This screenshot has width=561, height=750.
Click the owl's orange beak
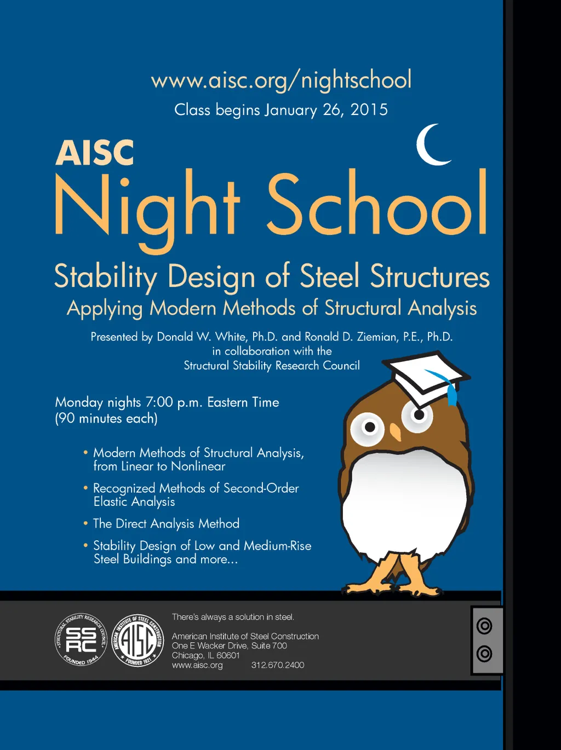395,432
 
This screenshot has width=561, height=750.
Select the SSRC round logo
81,639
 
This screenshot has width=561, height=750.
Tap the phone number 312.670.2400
278,665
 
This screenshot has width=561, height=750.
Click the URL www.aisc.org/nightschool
281,80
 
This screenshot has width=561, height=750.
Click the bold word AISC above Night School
94,153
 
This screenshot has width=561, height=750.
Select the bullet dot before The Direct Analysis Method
85,523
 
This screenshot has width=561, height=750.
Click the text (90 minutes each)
106,419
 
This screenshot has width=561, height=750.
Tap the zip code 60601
228,655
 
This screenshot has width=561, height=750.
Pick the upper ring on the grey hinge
484,626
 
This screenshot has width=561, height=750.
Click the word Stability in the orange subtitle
105,276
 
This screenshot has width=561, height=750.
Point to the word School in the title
377,205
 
